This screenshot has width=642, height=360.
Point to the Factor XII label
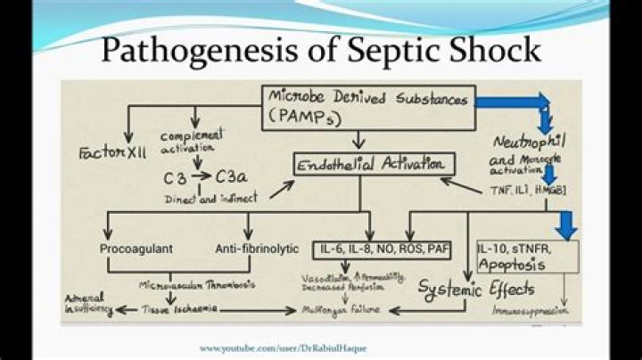(x=100, y=143)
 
